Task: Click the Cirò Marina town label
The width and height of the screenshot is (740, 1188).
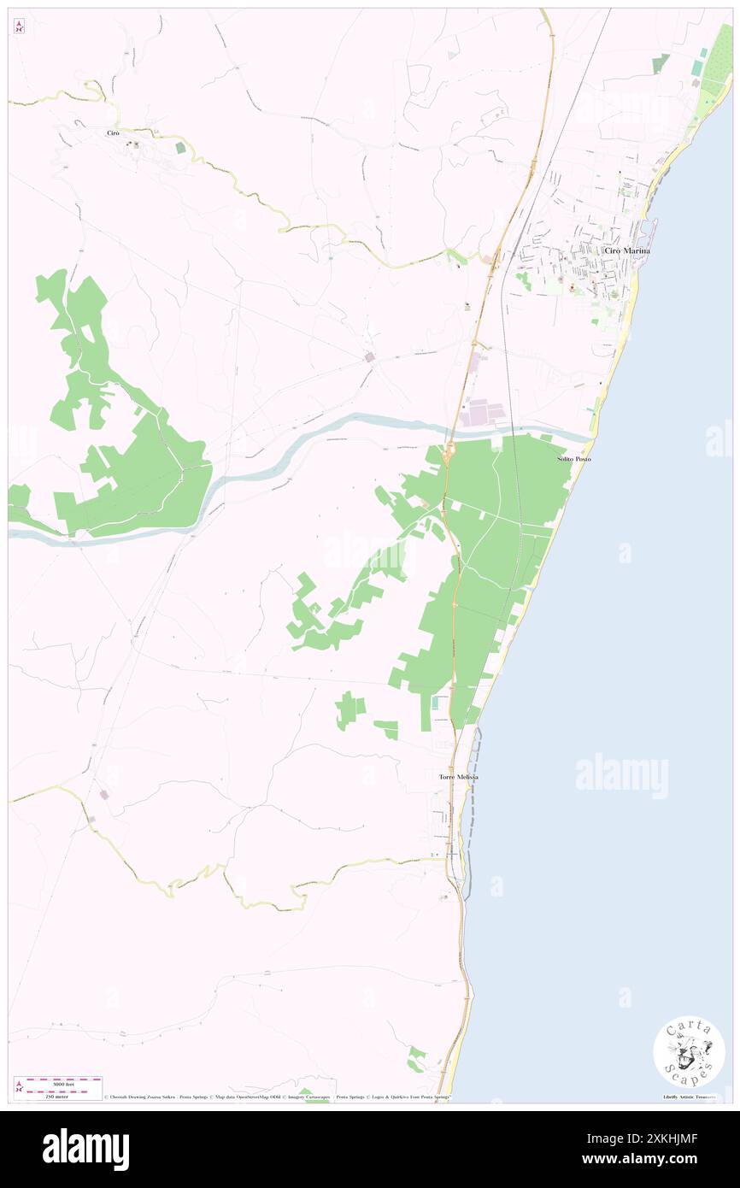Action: (626, 250)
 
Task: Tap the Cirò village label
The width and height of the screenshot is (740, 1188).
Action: (112, 133)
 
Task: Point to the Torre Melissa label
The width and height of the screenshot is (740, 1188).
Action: (458, 777)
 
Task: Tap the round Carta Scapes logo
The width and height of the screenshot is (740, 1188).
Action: (689, 1051)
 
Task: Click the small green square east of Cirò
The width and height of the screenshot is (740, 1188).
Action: (180, 148)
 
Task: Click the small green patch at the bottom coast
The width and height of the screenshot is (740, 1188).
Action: (416, 1060)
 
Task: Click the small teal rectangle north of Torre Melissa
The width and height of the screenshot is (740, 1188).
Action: (435, 703)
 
